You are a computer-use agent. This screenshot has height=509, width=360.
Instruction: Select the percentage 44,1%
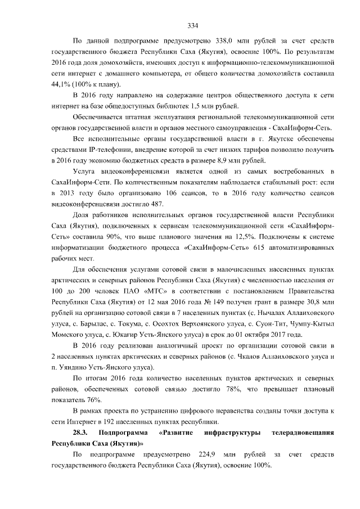coord(60,84)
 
